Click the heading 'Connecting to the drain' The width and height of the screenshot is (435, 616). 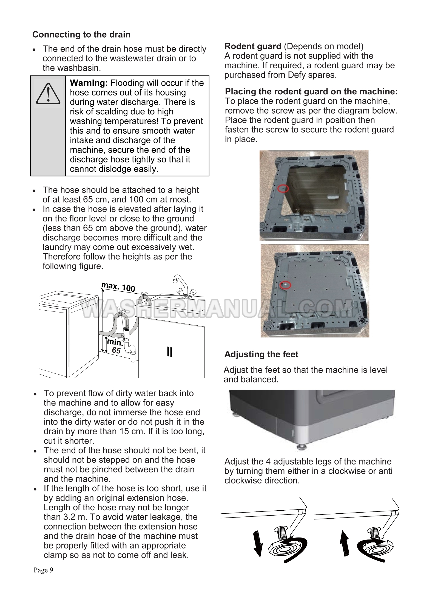point(81,35)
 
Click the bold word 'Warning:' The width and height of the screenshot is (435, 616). point(89,83)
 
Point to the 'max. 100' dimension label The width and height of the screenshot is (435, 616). point(118,287)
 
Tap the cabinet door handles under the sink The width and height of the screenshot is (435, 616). point(169,351)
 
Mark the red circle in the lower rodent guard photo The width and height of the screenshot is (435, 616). point(285,285)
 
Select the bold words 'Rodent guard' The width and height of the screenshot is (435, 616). point(253,46)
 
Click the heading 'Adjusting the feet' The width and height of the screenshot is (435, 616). point(261,354)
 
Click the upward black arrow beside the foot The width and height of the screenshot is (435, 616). point(345,542)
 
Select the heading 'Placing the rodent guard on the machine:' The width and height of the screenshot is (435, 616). point(311,92)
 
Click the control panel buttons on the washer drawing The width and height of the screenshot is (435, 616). point(50,303)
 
